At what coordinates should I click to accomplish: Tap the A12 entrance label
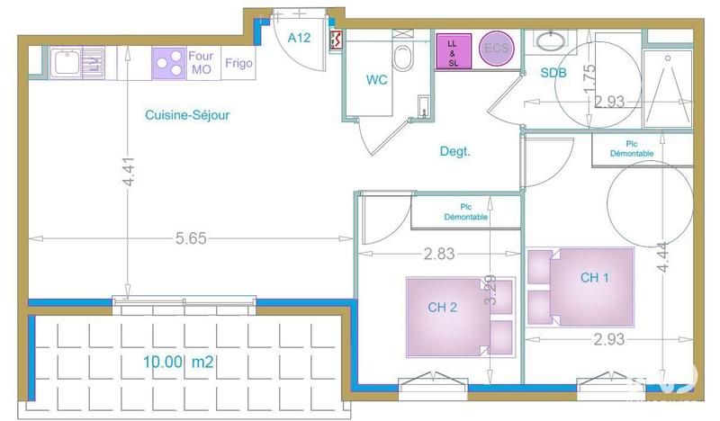click(x=299, y=37)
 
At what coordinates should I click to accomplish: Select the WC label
click(x=376, y=79)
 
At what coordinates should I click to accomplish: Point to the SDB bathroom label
click(x=553, y=73)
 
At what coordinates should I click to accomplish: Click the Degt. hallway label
click(x=454, y=151)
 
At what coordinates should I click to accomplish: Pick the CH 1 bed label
click(x=595, y=277)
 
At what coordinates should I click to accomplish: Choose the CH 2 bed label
click(x=443, y=307)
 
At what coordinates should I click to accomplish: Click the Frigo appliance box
click(x=238, y=64)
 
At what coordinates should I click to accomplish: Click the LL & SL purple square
click(x=453, y=50)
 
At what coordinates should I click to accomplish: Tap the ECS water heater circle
click(x=496, y=49)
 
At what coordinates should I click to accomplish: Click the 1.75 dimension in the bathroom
click(x=589, y=79)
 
